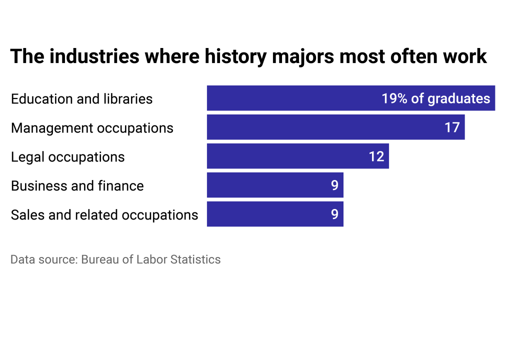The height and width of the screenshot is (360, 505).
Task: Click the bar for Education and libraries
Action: click(x=290, y=98)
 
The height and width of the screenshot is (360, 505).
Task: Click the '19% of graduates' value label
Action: click(x=435, y=98)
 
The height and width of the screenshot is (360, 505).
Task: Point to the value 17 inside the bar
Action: click(x=452, y=127)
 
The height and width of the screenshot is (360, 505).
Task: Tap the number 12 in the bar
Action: click(x=376, y=156)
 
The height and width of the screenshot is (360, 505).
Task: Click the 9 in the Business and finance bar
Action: click(x=334, y=185)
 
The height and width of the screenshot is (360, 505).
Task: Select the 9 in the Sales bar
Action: click(x=334, y=214)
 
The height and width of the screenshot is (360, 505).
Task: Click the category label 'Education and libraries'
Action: click(x=81, y=98)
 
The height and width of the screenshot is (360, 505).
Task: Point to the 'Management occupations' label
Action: click(x=92, y=128)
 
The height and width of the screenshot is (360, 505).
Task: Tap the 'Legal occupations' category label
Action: click(x=67, y=157)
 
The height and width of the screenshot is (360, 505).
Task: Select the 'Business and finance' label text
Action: click(x=77, y=186)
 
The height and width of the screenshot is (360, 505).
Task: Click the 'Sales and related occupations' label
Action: click(x=104, y=215)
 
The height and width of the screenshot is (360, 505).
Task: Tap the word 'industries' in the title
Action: click(x=94, y=56)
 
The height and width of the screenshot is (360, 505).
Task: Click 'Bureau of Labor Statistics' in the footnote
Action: click(x=150, y=259)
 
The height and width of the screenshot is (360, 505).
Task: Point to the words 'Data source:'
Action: click(x=43, y=259)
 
